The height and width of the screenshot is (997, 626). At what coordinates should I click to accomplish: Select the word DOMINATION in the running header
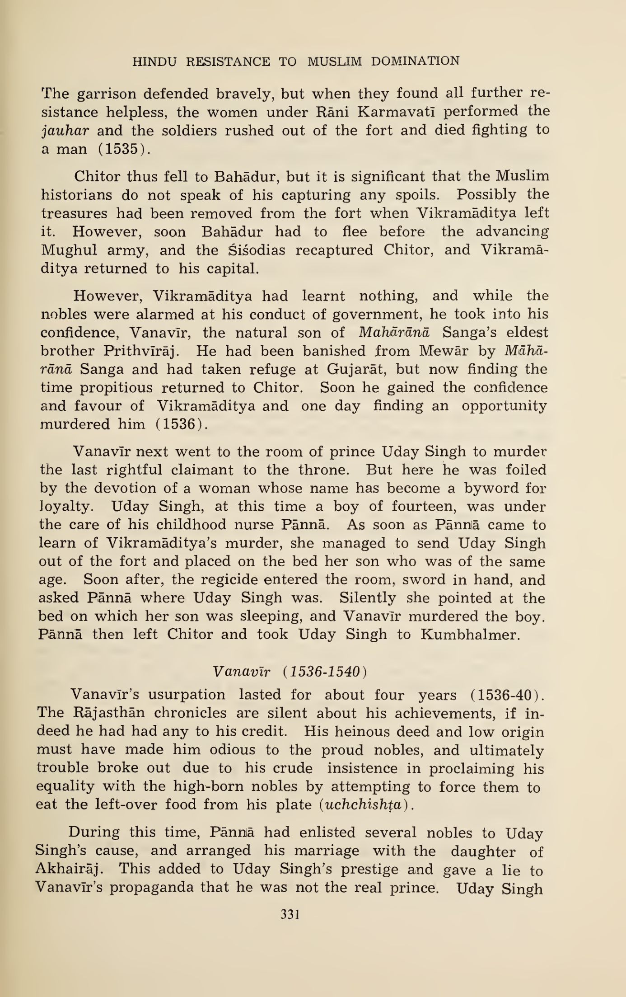[415, 61]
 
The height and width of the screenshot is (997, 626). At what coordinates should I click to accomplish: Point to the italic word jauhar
[65, 131]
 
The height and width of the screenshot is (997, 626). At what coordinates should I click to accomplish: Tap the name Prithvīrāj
[142, 351]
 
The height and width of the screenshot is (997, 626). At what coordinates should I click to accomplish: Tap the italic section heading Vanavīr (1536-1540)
[289, 672]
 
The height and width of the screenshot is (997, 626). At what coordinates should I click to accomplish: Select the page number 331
[290, 915]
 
